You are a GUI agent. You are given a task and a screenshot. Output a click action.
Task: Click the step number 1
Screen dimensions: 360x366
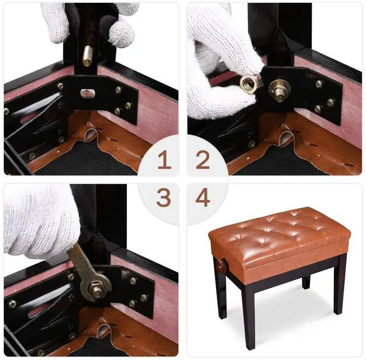pyautogui.click(x=164, y=160)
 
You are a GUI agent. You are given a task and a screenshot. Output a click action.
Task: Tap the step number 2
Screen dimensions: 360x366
pyautogui.click(x=202, y=160)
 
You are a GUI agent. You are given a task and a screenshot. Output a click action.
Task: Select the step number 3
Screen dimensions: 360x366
pyautogui.click(x=164, y=197)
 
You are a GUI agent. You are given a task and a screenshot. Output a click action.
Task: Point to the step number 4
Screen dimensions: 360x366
pyautogui.click(x=202, y=197)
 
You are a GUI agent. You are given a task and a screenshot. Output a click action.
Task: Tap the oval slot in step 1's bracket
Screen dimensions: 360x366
pyautogui.click(x=87, y=93)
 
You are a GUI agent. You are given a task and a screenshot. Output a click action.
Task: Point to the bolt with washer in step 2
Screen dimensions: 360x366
pyautogui.click(x=279, y=90)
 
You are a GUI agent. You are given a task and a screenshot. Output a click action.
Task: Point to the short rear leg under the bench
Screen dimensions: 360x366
pyautogui.click(x=306, y=282)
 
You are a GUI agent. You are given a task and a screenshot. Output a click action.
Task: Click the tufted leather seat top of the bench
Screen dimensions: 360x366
pyautogui.click(x=280, y=226)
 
